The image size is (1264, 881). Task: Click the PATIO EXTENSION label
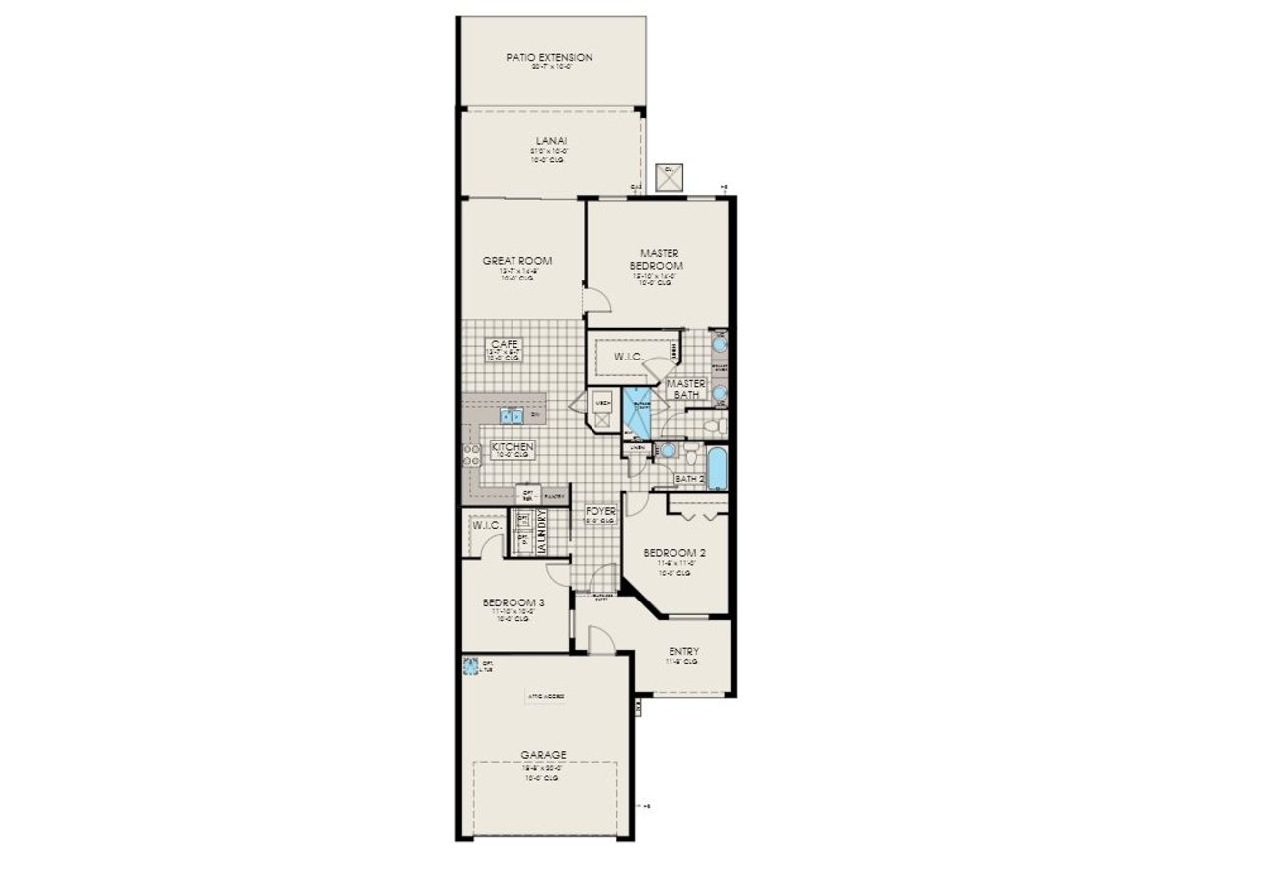[549, 58]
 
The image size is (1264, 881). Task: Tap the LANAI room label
[550, 141]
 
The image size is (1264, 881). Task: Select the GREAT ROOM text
[516, 261]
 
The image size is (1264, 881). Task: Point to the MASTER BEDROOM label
[659, 260]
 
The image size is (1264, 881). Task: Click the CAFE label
[505, 344]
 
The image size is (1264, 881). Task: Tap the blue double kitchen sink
[511, 415]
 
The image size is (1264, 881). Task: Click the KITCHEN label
[513, 448]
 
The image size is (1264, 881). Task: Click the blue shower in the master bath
[637, 410]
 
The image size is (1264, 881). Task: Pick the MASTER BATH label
[683, 389]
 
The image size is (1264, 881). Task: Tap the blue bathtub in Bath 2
[716, 468]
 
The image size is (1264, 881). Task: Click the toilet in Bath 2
[690, 455]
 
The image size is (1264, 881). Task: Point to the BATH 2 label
[689, 479]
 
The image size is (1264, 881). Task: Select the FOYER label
[600, 512]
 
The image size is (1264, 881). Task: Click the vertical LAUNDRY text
[541, 531]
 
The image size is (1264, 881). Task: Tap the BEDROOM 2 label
[674, 553]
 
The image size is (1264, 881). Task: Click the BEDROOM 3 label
[513, 602]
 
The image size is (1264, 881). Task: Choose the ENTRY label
[683, 652]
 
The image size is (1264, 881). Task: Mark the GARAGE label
[543, 755]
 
